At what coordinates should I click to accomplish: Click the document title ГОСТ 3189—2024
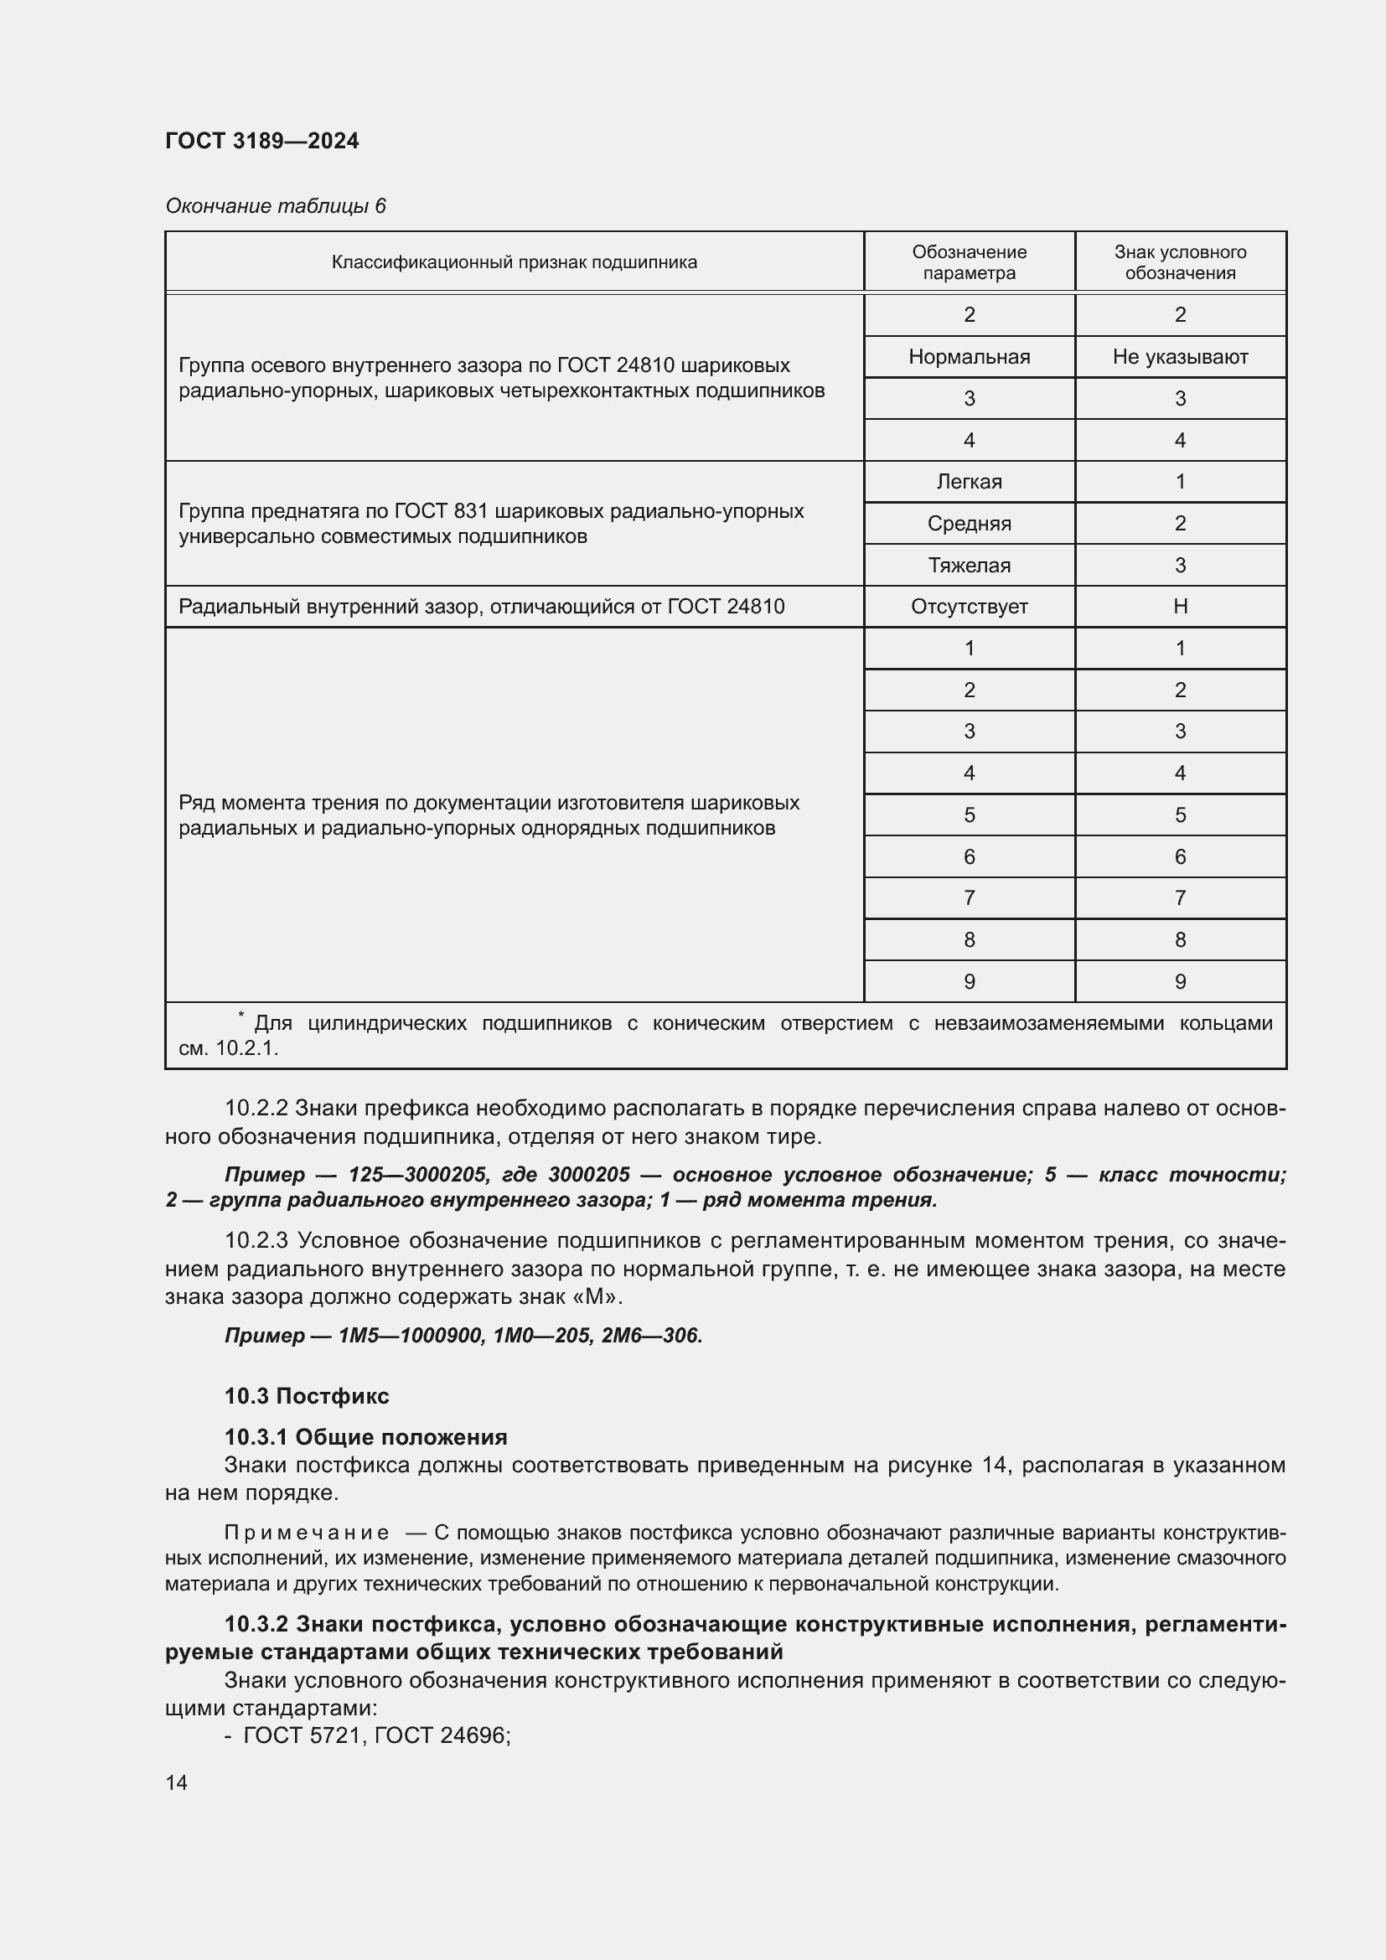(261, 141)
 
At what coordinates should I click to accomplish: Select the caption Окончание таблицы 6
(275, 206)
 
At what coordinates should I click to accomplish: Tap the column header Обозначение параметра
(969, 262)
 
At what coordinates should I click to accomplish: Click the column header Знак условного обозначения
(1180, 262)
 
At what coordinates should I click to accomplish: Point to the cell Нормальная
(969, 357)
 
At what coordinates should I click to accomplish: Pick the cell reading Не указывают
(1180, 357)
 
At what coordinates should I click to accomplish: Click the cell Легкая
(969, 482)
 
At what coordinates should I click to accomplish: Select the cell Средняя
(969, 523)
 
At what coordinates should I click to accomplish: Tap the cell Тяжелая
(969, 565)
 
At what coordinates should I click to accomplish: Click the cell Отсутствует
(969, 607)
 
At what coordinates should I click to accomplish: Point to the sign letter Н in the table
(1180, 607)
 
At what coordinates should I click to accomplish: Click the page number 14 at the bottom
(177, 1782)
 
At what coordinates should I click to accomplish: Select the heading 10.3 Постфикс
(307, 1396)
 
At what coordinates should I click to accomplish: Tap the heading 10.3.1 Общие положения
(365, 1437)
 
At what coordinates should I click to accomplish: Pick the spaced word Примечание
(307, 1533)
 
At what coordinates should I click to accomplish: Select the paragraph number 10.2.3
(256, 1240)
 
